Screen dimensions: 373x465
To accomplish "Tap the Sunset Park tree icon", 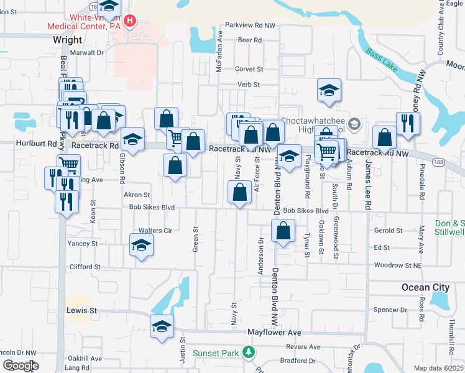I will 249,353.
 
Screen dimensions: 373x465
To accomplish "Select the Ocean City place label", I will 425,287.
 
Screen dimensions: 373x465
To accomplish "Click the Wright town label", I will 67,40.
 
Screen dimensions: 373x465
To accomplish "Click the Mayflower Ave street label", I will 274,333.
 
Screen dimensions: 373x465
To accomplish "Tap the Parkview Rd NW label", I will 250,25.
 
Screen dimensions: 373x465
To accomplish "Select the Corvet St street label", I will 249,70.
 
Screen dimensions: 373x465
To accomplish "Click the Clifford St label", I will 85,267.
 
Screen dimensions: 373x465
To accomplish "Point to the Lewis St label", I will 82,310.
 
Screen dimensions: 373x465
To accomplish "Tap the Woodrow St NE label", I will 398,265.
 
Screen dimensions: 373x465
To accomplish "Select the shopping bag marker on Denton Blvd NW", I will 283,231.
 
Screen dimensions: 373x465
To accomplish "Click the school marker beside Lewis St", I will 162,326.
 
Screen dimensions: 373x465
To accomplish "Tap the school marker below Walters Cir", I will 142,246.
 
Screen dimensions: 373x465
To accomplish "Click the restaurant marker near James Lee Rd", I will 408,123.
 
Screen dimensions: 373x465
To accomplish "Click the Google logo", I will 21,366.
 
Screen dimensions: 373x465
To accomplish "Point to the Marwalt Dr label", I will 86,53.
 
